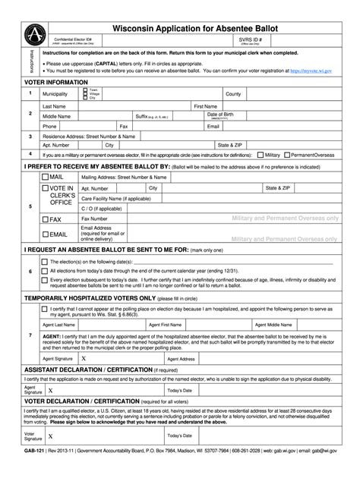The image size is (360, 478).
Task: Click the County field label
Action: pyautogui.click(x=233, y=94)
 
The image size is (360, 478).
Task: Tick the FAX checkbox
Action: pyautogui.click(x=46, y=219)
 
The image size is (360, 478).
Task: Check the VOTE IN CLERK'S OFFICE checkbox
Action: pyautogui.click(x=46, y=187)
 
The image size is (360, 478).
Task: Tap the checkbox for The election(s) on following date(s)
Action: pyautogui.click(x=44, y=262)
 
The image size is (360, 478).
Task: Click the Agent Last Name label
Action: pyautogui.click(x=61, y=323)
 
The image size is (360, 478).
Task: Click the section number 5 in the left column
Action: pyautogui.click(x=30, y=206)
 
